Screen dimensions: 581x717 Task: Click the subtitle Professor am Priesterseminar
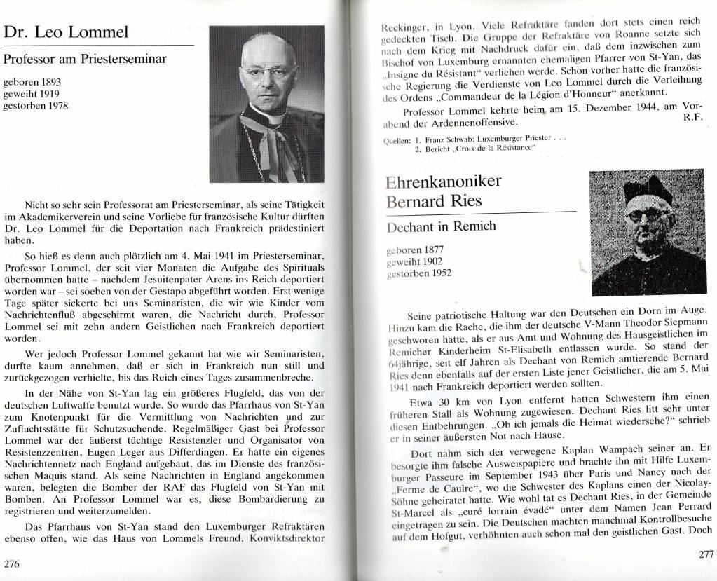coord(85,60)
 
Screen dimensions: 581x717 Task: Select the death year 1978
coord(57,105)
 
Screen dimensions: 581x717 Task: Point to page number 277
coord(704,554)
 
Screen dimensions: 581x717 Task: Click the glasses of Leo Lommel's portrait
coord(269,71)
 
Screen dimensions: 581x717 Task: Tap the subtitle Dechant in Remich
coord(442,226)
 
